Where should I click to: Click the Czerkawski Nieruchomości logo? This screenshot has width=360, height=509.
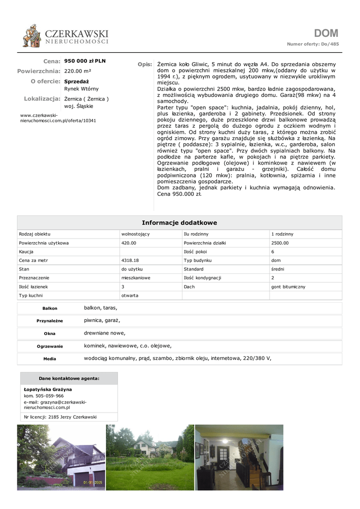(x=65, y=36)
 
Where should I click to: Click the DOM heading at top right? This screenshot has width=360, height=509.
(x=326, y=33)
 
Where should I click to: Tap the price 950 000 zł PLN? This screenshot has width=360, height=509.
(x=85, y=61)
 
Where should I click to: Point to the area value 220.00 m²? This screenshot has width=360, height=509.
(x=78, y=71)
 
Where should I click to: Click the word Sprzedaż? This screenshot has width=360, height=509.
(x=77, y=81)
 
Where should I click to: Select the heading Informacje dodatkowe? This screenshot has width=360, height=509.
(x=180, y=223)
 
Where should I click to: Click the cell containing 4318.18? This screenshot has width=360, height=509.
(x=130, y=260)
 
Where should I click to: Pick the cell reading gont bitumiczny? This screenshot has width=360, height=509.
(x=288, y=287)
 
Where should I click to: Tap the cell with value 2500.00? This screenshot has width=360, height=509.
(x=280, y=243)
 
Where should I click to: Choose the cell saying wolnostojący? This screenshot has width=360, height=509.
(x=136, y=234)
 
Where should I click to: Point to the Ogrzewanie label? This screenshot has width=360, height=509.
(x=50, y=346)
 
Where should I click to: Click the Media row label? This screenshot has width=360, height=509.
(x=50, y=359)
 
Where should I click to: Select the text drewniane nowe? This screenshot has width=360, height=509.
(x=105, y=333)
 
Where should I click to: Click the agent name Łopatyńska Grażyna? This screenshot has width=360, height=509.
(x=48, y=389)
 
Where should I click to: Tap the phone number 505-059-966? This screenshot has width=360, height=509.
(x=50, y=396)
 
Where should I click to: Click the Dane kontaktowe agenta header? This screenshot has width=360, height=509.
(x=69, y=379)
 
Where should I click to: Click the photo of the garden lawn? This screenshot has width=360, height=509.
(x=150, y=457)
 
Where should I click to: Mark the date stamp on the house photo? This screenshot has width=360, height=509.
(x=92, y=482)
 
